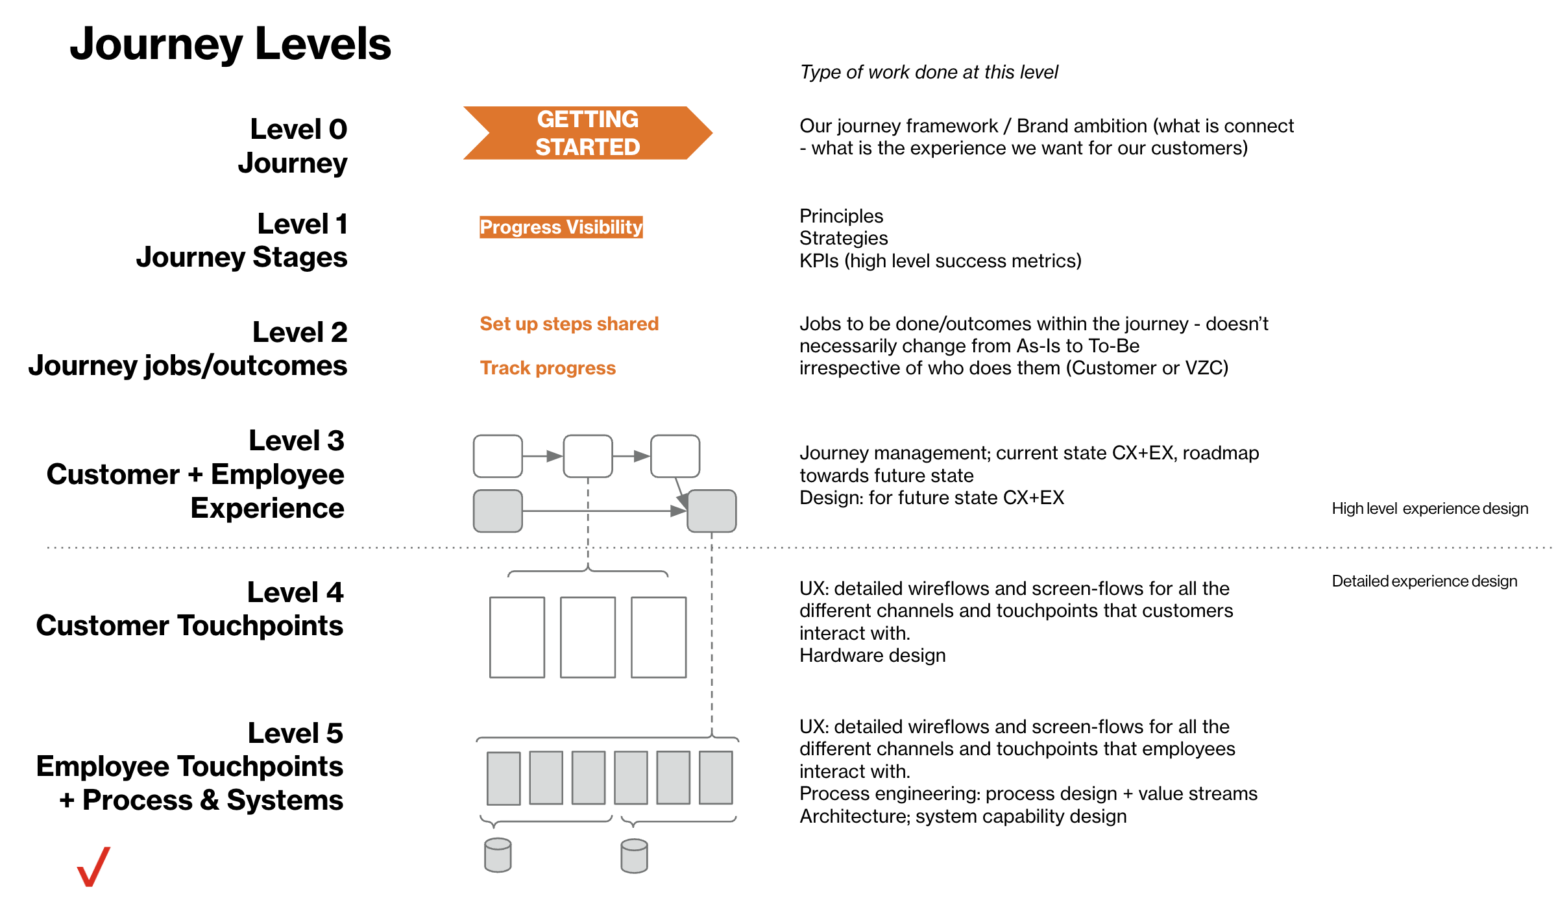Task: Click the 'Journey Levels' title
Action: (x=230, y=44)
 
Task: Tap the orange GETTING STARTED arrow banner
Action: (x=587, y=133)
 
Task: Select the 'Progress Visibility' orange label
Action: (x=561, y=227)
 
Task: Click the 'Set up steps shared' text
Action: (x=569, y=324)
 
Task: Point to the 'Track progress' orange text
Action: (x=548, y=368)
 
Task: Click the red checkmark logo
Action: (x=93, y=867)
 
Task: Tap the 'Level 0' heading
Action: (x=298, y=129)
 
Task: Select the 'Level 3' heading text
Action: (x=297, y=441)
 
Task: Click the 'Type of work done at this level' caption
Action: (x=929, y=72)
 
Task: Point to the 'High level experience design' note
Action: (x=1429, y=509)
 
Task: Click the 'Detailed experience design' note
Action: (x=1424, y=581)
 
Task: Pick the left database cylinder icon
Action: (x=498, y=855)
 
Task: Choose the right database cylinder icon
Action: (x=634, y=856)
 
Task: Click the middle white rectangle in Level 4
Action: (x=587, y=637)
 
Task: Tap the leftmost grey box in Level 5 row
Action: (x=504, y=778)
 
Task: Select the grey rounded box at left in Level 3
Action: (x=498, y=511)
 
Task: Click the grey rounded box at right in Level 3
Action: (x=711, y=511)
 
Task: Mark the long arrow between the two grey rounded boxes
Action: (x=603, y=511)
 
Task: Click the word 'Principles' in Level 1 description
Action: (x=841, y=216)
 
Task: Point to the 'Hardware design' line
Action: (x=872, y=655)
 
